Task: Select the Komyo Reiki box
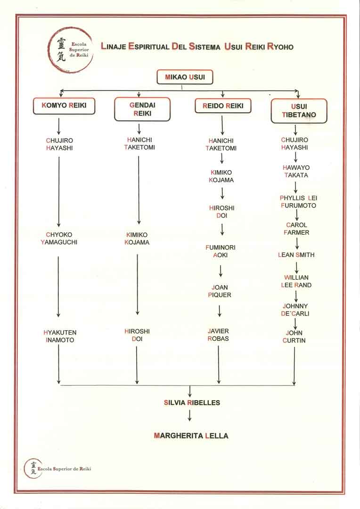64,106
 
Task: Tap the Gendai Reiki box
142,110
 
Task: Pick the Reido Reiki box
223,106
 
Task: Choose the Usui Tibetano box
299,111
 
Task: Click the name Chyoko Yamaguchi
59,238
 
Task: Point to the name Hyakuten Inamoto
59,336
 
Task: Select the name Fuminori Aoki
221,251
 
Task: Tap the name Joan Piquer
220,291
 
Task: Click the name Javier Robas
219,335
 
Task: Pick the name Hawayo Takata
296,172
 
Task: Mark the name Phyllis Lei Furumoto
298,202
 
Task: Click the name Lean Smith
296,255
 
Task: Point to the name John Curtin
295,337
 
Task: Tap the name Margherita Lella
191,436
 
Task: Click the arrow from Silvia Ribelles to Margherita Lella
189,415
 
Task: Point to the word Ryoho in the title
280,47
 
